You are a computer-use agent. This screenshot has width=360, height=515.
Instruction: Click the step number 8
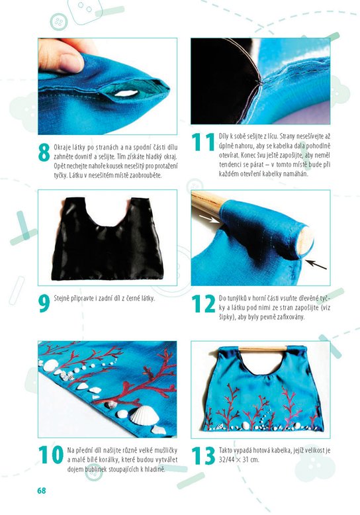point(44,152)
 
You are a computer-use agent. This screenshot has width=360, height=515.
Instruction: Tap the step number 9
point(44,304)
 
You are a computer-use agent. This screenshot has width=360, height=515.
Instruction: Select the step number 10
point(51,455)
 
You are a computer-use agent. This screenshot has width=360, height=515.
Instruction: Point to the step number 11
point(203,142)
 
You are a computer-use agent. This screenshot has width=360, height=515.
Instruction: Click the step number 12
point(203,304)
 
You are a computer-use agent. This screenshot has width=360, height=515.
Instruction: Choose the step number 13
point(203,455)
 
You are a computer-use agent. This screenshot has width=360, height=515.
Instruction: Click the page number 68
point(42,491)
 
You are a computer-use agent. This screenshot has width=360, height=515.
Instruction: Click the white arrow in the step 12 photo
point(209,218)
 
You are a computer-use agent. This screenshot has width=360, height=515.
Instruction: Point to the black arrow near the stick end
point(316,264)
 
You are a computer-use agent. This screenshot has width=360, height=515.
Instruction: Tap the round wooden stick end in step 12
point(306,241)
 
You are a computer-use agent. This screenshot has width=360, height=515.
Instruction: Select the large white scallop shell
point(145,416)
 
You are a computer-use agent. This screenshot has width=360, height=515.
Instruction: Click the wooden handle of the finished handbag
point(263,348)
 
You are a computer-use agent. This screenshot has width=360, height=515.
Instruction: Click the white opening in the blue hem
point(126,93)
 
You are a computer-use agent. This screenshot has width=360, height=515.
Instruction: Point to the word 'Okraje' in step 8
point(62,147)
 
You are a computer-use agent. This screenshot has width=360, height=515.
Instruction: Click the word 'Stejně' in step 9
point(62,299)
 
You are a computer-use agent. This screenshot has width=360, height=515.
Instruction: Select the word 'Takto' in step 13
point(226,450)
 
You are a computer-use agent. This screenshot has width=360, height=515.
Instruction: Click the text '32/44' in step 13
point(226,459)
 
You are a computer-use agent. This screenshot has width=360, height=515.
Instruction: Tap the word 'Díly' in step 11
point(224,136)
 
